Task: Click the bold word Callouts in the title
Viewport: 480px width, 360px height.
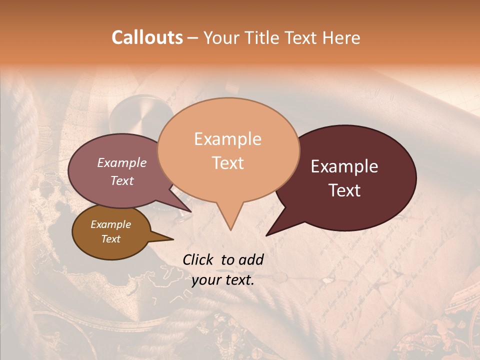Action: (x=147, y=37)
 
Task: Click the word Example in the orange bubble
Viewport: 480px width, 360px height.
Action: (x=227, y=139)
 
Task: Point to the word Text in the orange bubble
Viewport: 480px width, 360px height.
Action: (x=227, y=163)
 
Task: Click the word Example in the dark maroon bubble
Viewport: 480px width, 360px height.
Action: (x=344, y=166)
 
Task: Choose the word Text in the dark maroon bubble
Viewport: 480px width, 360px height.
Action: (x=344, y=190)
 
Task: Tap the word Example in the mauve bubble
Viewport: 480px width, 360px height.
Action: (x=121, y=162)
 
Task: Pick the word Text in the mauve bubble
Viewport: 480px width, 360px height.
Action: (x=121, y=180)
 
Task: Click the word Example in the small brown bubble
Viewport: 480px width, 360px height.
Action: (x=110, y=224)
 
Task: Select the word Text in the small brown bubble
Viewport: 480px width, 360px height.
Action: (x=110, y=239)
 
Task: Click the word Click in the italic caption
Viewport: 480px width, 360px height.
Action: (x=198, y=259)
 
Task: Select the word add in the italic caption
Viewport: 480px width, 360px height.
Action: (x=251, y=259)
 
